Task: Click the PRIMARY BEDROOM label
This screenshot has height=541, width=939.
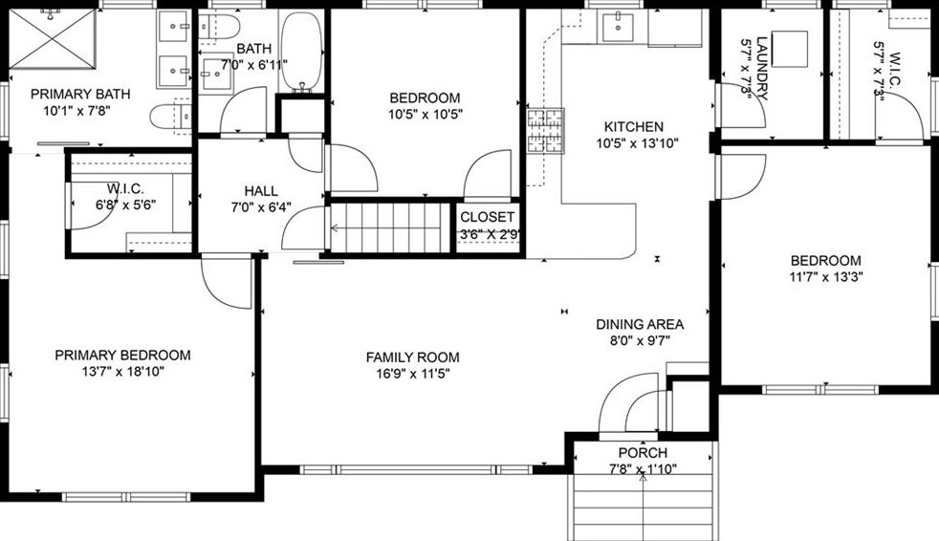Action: pyautogui.click(x=122, y=355)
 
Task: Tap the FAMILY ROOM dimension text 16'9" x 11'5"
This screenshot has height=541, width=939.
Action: pyautogui.click(x=408, y=374)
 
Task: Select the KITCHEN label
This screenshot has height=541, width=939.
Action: pyautogui.click(x=633, y=126)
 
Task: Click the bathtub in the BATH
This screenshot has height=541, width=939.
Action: pyautogui.click(x=301, y=54)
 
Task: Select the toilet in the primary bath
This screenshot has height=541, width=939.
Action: pyautogui.click(x=171, y=117)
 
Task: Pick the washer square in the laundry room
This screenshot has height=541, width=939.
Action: pyautogui.click(x=790, y=48)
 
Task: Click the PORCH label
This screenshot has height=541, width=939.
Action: pyautogui.click(x=643, y=452)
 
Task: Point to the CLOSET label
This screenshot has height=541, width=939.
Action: pyautogui.click(x=488, y=217)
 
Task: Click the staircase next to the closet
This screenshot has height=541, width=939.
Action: pyautogui.click(x=392, y=227)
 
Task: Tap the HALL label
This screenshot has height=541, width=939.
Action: pyautogui.click(x=261, y=190)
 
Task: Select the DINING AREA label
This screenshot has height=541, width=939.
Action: pyautogui.click(x=639, y=324)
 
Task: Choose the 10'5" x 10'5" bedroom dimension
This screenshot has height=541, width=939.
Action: pyautogui.click(x=425, y=115)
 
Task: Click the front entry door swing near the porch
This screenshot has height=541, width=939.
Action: pyautogui.click(x=630, y=410)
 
